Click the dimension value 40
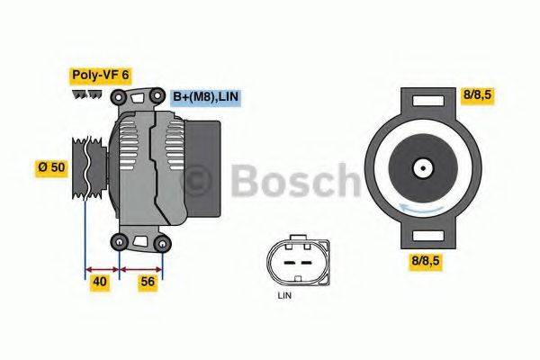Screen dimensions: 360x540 tap(101, 283)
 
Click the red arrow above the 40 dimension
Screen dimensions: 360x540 tap(102, 268)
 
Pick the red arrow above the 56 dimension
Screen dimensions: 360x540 tap(141, 268)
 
